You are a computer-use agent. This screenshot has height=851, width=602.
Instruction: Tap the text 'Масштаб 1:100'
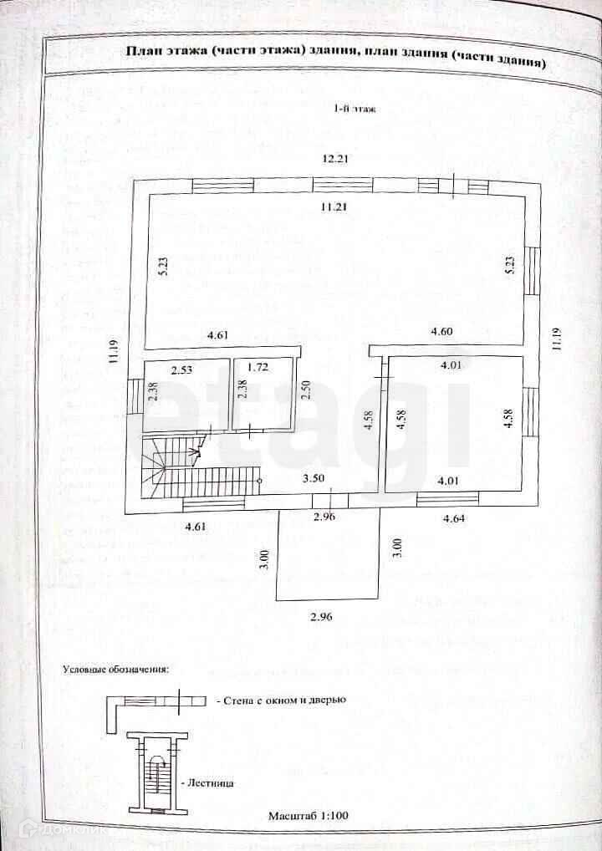309,815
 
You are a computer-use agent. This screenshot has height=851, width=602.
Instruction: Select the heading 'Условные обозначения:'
116,670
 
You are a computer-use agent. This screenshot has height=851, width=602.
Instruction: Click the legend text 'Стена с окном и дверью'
282,701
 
